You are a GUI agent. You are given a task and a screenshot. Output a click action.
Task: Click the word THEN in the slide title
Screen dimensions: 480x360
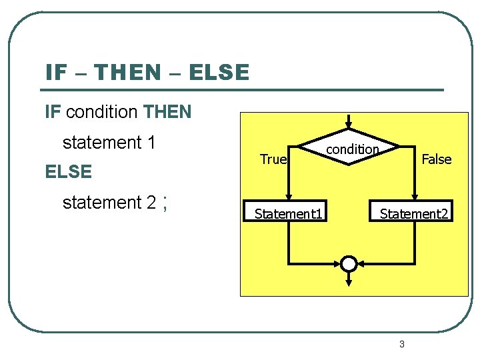coord(132,72)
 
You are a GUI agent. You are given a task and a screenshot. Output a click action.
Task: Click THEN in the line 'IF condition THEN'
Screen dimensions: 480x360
coord(167,112)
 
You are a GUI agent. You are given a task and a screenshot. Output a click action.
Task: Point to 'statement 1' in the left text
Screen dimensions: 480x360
coord(109,142)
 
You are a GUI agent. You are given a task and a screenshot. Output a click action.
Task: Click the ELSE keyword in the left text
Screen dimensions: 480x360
coord(68,172)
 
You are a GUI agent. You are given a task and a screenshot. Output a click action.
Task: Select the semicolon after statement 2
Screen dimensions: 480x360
coord(163,202)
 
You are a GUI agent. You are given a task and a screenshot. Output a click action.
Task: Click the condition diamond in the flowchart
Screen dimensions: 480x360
coord(350,148)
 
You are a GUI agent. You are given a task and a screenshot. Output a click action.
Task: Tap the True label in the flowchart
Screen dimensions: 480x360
coord(273,159)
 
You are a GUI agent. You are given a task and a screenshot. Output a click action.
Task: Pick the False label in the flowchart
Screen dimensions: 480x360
coord(437,159)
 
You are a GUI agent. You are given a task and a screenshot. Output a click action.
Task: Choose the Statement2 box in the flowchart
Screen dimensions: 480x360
coord(414,213)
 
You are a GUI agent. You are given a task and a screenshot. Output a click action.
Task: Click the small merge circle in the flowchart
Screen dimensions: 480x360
coord(349,264)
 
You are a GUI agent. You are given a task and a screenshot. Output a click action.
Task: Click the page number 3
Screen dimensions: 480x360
coord(401,344)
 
